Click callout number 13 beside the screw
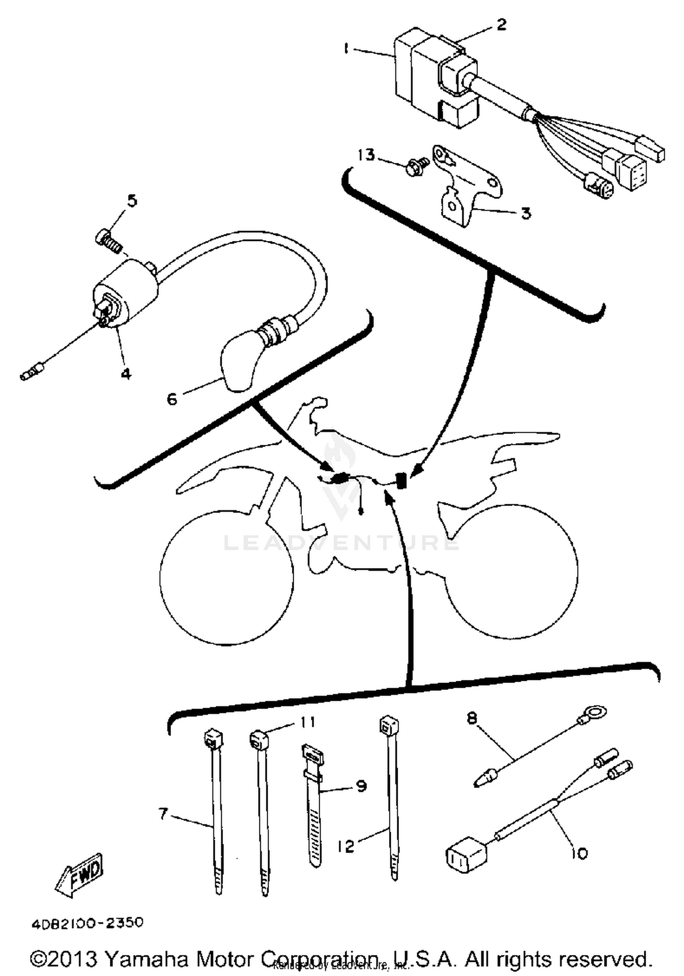click(366, 155)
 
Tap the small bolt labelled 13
click(416, 167)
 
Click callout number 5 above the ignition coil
click(132, 201)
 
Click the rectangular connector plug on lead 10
click(466, 860)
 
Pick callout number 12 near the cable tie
click(346, 846)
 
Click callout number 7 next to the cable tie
click(163, 814)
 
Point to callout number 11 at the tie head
click(308, 722)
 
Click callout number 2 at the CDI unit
click(501, 24)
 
